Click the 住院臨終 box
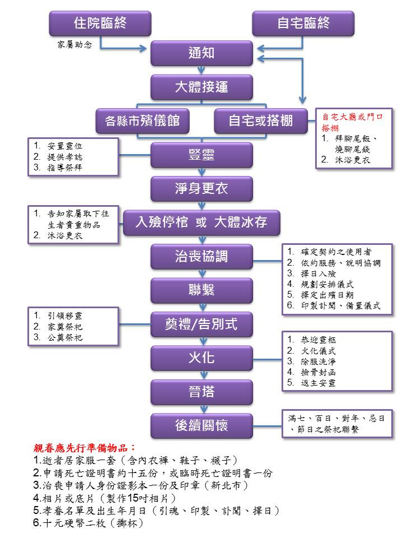(x=100, y=24)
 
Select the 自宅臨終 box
(x=303, y=24)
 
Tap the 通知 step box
(x=201, y=54)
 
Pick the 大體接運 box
(x=201, y=87)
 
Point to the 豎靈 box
(x=201, y=155)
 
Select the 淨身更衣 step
(x=201, y=188)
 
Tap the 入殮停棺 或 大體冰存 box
(x=202, y=222)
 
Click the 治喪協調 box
(x=201, y=257)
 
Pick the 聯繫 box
(x=201, y=290)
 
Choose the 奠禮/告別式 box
(x=201, y=323)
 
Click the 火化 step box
(x=201, y=357)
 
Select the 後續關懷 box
(x=201, y=425)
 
